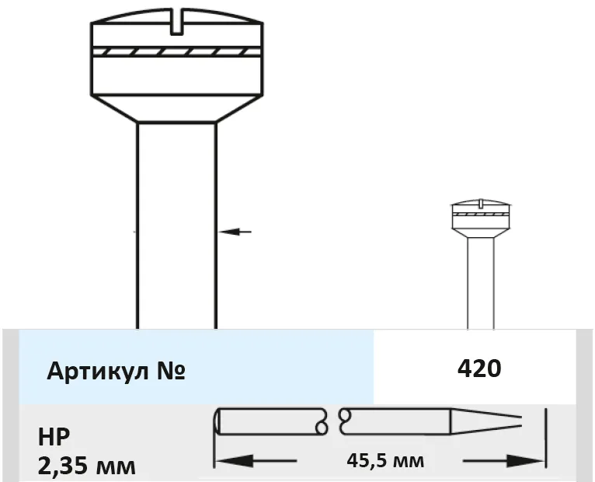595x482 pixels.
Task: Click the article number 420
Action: click(x=479, y=368)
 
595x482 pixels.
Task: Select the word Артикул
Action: click(x=96, y=371)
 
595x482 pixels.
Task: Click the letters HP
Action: click(x=54, y=437)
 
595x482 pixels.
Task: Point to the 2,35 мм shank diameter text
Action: click(x=86, y=466)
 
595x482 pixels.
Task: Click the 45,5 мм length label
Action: click(x=385, y=461)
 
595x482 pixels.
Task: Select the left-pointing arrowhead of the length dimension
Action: click(x=235, y=461)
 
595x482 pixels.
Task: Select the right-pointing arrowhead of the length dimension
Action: click(x=524, y=461)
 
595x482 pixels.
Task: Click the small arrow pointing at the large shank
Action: click(x=235, y=232)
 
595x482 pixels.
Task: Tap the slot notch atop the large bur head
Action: click(x=177, y=22)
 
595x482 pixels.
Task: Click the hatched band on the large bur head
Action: click(x=177, y=52)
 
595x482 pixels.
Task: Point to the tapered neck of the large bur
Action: click(x=177, y=108)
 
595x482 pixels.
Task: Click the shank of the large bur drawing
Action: click(x=177, y=225)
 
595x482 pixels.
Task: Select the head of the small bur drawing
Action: click(x=481, y=218)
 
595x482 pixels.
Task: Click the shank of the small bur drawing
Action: click(x=481, y=283)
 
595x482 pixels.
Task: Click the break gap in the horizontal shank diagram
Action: click(x=333, y=421)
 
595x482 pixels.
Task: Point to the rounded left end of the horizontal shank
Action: click(x=217, y=421)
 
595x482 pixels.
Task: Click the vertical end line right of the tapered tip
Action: click(x=545, y=438)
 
